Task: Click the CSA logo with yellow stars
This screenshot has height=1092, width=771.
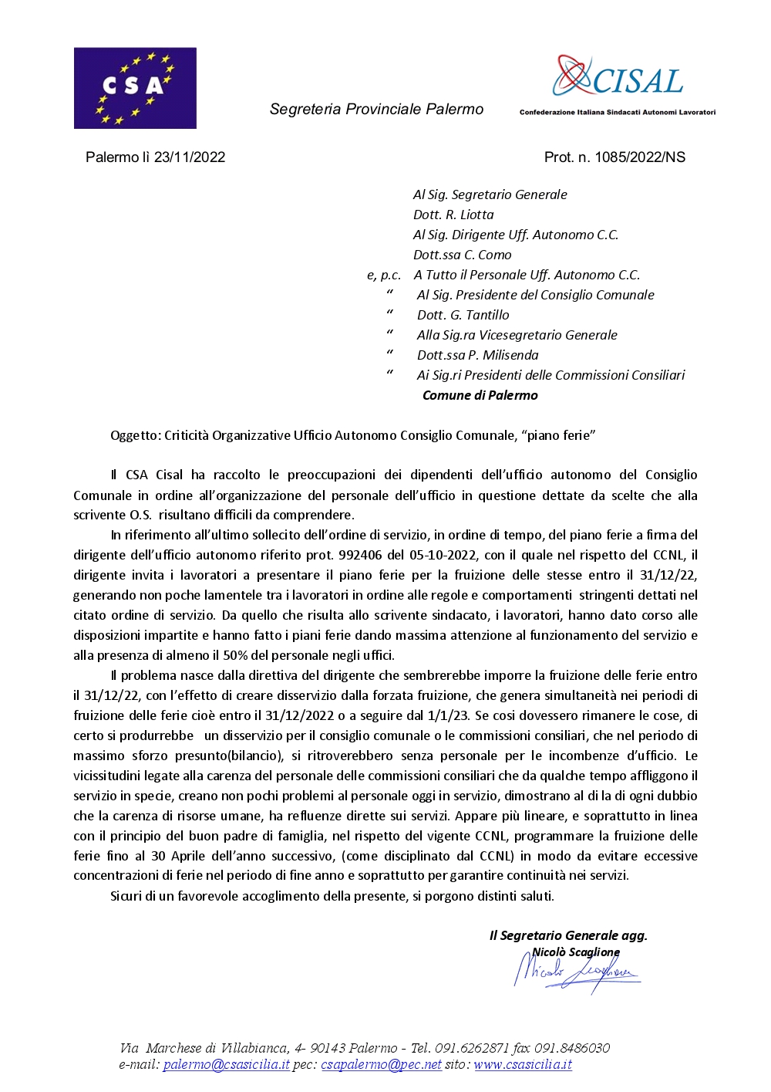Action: click(x=135, y=88)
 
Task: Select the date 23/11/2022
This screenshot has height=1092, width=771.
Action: click(x=190, y=157)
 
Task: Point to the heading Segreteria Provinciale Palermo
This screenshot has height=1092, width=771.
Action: click(x=376, y=110)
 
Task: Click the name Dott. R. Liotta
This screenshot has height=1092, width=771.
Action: click(x=453, y=215)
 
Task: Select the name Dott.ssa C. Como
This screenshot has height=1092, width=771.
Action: click(x=462, y=255)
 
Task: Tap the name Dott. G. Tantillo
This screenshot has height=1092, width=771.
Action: click(x=463, y=316)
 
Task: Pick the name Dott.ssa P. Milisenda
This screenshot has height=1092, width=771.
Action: click(x=477, y=356)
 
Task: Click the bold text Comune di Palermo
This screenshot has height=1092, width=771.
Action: click(x=480, y=396)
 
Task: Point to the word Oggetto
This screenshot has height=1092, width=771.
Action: click(x=135, y=436)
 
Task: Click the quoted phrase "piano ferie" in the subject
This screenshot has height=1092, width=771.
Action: click(x=558, y=436)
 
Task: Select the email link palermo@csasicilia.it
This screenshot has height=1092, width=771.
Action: click(x=226, y=1066)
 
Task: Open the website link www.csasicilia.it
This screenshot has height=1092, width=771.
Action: click(x=523, y=1066)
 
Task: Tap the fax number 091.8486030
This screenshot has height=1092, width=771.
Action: click(x=572, y=1049)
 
